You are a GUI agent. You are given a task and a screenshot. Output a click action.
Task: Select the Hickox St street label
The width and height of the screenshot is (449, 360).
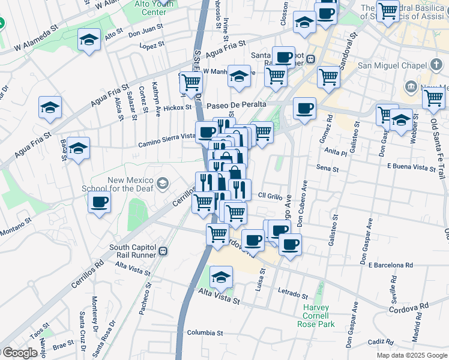[x=177, y=108]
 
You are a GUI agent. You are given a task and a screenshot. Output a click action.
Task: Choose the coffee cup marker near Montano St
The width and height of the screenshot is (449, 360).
[x=100, y=202]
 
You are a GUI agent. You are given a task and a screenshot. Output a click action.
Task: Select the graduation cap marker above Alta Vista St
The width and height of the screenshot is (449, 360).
[x=221, y=277]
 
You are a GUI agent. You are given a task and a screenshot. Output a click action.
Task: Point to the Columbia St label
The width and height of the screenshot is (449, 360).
[x=205, y=332]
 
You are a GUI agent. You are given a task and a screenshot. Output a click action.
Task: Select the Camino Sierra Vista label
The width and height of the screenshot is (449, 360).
[x=167, y=140]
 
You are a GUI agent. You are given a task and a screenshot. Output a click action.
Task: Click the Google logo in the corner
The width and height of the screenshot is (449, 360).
[x=19, y=353]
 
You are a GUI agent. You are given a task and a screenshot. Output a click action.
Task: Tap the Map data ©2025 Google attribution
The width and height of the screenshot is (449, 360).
[x=412, y=355]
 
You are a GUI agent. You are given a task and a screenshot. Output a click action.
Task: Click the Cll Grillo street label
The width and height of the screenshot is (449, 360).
[x=270, y=196]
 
